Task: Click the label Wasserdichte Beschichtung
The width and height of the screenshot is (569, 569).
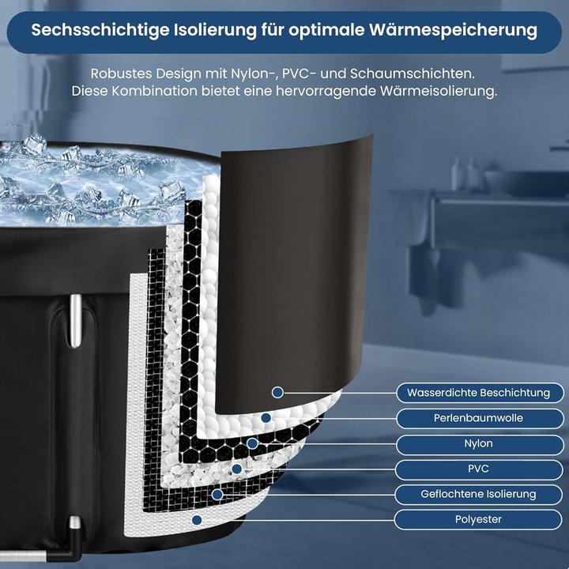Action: click(x=478, y=392)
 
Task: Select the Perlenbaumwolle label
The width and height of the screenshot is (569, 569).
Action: click(x=478, y=418)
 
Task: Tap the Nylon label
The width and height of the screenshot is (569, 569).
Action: click(x=478, y=443)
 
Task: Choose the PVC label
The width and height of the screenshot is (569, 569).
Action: click(x=478, y=469)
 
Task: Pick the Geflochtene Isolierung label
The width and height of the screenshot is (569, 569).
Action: click(x=478, y=494)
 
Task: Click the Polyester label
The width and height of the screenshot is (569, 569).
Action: click(x=478, y=519)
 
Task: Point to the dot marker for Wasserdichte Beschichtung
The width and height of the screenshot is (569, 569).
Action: click(x=277, y=392)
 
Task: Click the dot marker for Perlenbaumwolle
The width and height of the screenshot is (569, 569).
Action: click(x=266, y=417)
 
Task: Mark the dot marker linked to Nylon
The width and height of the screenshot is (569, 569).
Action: click(x=251, y=443)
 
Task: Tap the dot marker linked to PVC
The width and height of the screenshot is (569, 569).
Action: click(x=236, y=469)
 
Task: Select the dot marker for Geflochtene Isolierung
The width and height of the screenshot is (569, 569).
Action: click(x=217, y=494)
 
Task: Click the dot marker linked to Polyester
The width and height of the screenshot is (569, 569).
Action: click(x=197, y=519)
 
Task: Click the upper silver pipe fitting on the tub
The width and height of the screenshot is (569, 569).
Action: click(x=73, y=320)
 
